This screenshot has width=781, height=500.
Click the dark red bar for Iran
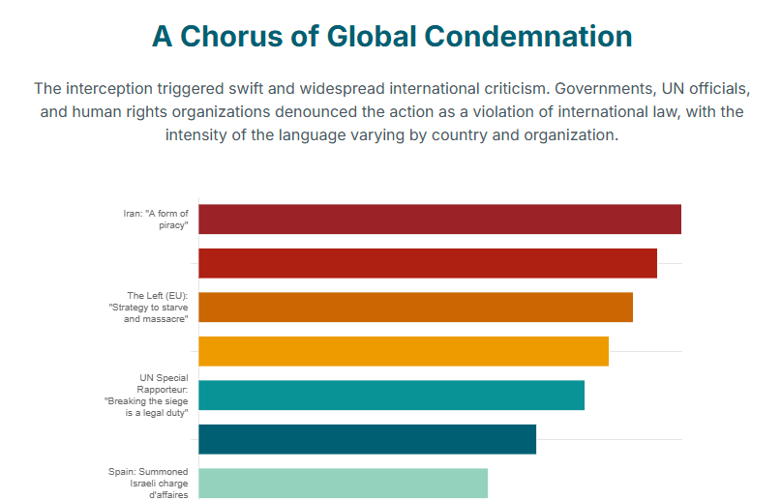[439, 220]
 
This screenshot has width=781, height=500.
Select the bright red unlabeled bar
[428, 263]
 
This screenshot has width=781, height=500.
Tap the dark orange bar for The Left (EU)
[415, 307]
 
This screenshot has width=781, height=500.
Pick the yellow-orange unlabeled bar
[404, 351]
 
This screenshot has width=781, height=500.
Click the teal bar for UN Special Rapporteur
[391, 395]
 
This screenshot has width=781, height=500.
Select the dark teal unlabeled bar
[367, 439]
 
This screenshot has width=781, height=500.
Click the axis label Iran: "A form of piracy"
[156, 219]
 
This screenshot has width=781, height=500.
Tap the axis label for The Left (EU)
[155, 307]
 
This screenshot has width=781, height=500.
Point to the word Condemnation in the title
[530, 37]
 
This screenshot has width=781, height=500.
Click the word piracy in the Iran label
[172, 225]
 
